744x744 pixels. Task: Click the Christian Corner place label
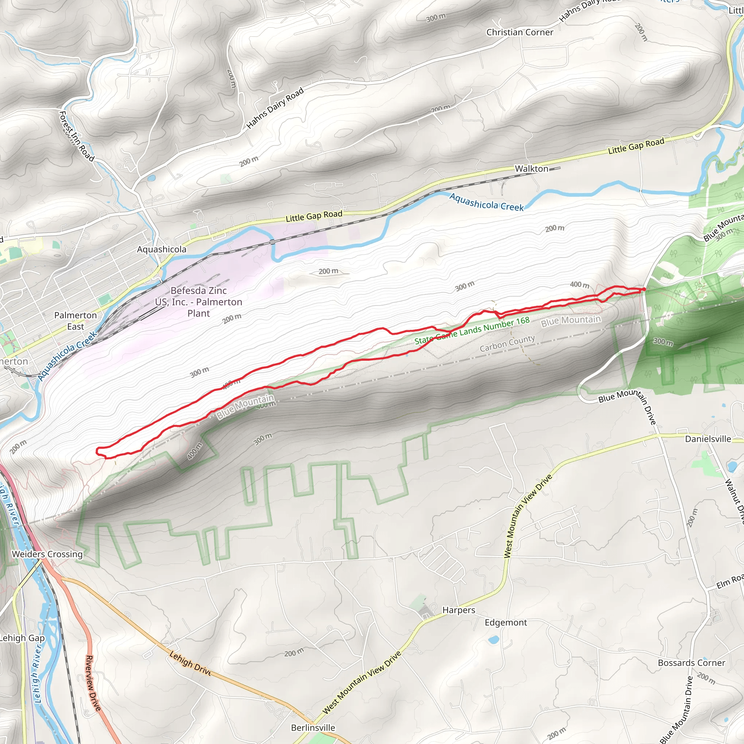(519, 32)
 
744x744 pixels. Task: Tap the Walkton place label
(531, 169)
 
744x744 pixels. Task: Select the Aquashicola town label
(162, 250)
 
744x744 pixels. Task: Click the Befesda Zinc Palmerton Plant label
(199, 302)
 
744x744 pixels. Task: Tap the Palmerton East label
(76, 321)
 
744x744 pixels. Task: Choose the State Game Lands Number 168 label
(472, 331)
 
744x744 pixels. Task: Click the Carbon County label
(507, 344)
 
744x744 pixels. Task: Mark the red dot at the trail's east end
(644, 289)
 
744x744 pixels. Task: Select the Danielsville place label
(708, 439)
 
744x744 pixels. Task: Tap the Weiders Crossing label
(47, 554)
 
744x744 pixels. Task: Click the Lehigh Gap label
(22, 638)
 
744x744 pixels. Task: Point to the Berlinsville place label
(313, 728)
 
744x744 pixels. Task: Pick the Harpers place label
(459, 610)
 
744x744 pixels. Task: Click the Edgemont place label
(506, 623)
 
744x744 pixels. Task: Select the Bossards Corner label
(691, 663)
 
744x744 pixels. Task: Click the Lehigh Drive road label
(190, 664)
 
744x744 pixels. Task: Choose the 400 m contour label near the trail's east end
(579, 284)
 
